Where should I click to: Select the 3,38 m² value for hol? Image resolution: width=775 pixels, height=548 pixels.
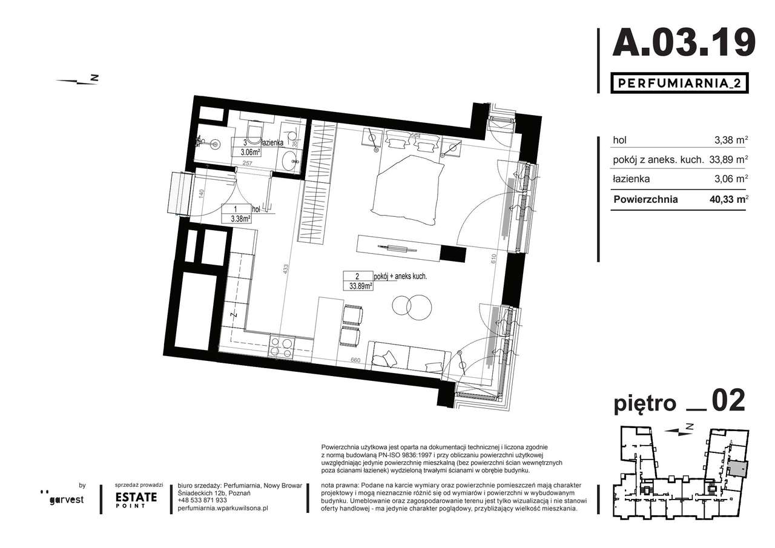point(730,140)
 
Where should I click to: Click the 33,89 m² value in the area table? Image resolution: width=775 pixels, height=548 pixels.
point(728,160)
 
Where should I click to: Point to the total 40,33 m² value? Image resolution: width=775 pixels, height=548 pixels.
point(728,199)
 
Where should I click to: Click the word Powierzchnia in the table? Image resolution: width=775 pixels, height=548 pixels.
point(645,199)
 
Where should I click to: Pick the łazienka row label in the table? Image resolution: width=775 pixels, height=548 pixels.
point(632,179)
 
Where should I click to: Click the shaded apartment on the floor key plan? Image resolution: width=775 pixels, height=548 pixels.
point(737,469)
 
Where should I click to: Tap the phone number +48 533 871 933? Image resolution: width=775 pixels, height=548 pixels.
point(202,500)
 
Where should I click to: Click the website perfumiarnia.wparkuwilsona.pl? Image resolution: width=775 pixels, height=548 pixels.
point(223,509)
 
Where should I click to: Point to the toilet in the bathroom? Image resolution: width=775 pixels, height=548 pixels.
point(254,133)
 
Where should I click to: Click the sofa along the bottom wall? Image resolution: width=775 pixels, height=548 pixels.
point(410,357)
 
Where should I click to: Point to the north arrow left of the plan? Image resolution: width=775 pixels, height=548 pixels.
point(77,80)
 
